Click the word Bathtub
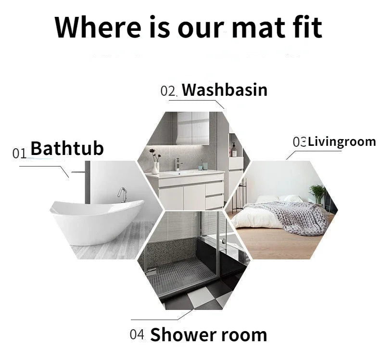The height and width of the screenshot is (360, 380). [x=67, y=148]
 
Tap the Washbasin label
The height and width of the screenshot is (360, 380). [x=224, y=90]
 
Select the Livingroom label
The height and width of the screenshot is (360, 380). [x=342, y=141]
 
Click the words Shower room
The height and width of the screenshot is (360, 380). [x=208, y=334]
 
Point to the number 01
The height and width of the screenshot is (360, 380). [x=19, y=154]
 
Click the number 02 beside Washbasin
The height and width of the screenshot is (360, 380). [x=169, y=91]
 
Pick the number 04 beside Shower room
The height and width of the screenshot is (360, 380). [x=137, y=334]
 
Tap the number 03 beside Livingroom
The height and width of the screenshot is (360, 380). [x=299, y=142]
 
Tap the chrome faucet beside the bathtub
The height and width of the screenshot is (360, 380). [x=123, y=193]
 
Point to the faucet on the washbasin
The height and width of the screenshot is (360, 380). [x=178, y=164]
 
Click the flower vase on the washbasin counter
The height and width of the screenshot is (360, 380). [x=155, y=166]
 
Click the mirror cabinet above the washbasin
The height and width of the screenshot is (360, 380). [x=192, y=127]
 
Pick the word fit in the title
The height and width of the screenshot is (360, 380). [x=304, y=27]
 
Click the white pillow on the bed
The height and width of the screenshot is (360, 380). [x=269, y=199]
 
